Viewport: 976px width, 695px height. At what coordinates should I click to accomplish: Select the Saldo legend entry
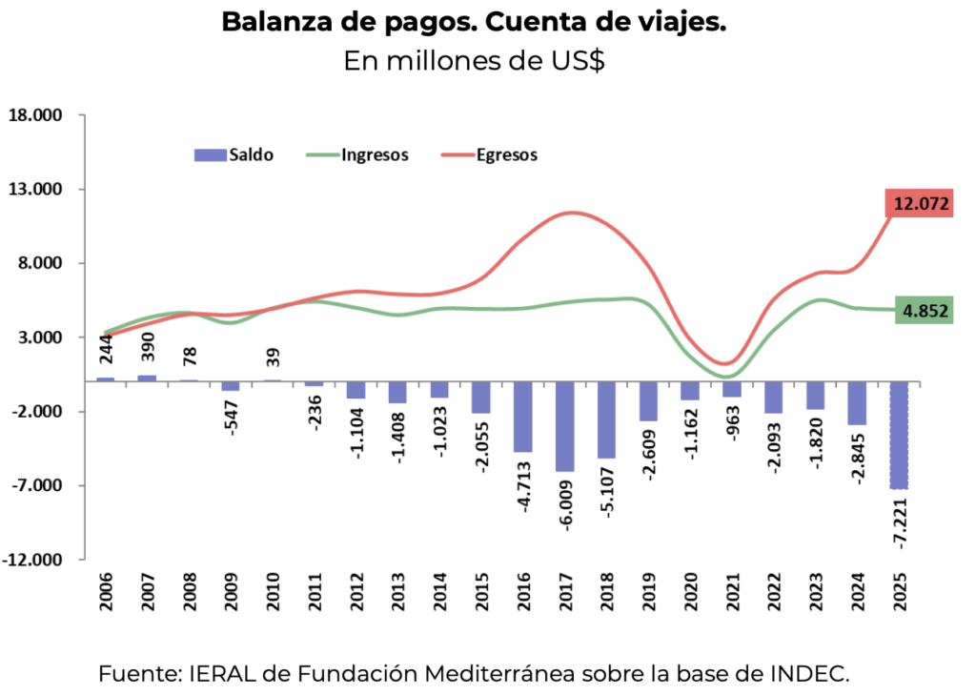[x=234, y=154]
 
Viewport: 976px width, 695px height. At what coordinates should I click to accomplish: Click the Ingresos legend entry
[x=356, y=154]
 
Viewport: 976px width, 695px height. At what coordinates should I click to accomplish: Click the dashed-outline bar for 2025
[x=899, y=434]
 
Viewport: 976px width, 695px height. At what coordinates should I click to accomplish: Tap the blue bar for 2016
[x=523, y=416]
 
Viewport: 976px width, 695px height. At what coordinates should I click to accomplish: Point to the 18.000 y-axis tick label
[x=34, y=115]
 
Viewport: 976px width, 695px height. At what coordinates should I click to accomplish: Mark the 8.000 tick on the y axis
[x=39, y=263]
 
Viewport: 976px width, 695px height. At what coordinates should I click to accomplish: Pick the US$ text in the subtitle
[x=575, y=61]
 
